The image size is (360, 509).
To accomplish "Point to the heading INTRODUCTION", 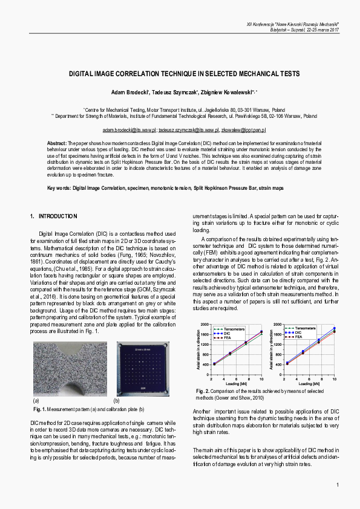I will [57, 216].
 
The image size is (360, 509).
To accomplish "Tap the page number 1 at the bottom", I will [337, 485].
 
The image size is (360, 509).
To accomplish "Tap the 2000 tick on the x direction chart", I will [203, 325].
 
